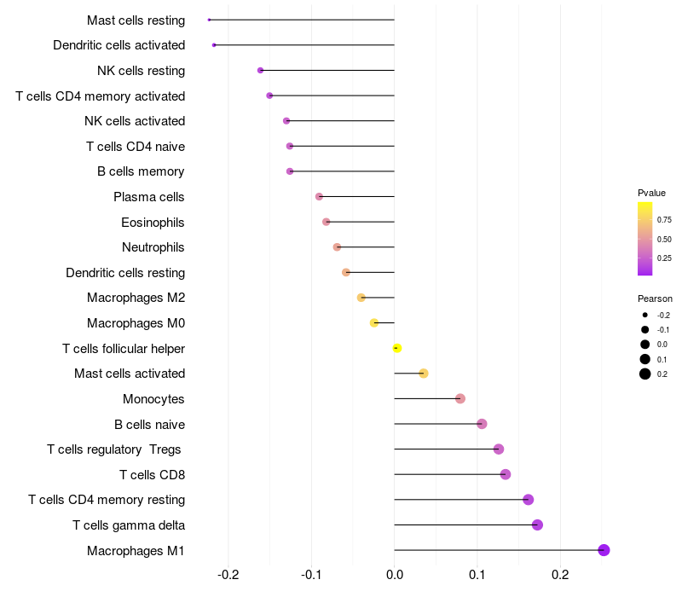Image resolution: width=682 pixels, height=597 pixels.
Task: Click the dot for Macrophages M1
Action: pos(604,550)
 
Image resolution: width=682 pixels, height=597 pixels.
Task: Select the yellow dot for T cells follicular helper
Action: pos(397,348)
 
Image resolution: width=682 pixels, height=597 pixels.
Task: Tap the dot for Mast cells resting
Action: pos(209,20)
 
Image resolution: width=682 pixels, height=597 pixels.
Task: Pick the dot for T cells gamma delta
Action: pos(537,525)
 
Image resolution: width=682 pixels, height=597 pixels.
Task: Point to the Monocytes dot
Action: pos(460,398)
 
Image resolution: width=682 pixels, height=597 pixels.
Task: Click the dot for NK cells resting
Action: pos(260,70)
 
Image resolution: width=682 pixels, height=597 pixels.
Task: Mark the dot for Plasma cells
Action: pos(319,196)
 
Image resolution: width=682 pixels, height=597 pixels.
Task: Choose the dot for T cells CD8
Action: pos(506,474)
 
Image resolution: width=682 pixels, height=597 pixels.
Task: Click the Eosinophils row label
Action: pos(153,223)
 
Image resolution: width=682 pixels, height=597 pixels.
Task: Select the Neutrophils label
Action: pos(153,247)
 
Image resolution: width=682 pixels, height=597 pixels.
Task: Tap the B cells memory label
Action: pos(141,171)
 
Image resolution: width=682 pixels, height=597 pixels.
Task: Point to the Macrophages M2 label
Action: pos(136,298)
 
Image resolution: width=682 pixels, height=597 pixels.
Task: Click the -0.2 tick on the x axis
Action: pos(228,576)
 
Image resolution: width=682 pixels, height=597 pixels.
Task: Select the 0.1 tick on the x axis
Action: pos(477,576)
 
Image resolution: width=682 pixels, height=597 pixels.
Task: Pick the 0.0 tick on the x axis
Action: pos(395,576)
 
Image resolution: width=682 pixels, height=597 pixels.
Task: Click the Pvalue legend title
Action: pos(651,193)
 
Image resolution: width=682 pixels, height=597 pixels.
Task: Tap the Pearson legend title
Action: pos(655,299)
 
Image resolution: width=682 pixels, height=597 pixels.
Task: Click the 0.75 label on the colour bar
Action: pos(664,219)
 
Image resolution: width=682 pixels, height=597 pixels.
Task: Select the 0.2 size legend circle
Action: pos(645,374)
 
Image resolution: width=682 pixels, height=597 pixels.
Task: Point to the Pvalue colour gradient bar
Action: pos(645,239)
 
